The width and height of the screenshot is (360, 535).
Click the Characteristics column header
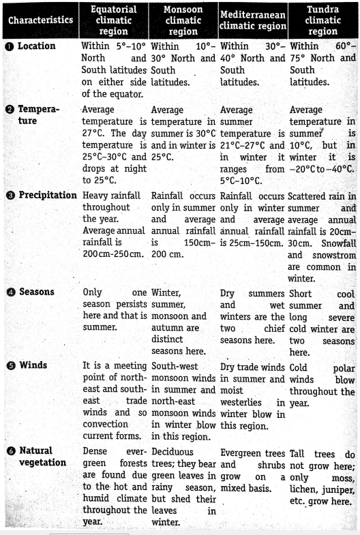(x=41, y=20)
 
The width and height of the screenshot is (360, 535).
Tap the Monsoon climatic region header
(x=183, y=20)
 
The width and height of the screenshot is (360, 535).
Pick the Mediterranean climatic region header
(x=252, y=20)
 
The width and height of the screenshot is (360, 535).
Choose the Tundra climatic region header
(x=322, y=20)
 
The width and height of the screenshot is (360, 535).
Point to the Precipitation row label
(x=46, y=196)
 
